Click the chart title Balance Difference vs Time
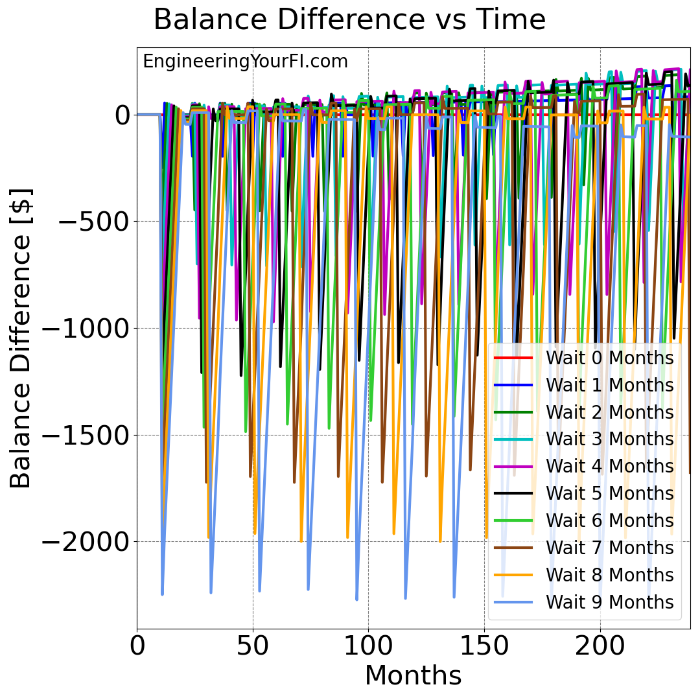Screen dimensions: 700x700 [x=349, y=20]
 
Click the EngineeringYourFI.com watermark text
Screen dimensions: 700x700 [x=245, y=62]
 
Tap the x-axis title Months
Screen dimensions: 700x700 [x=413, y=675]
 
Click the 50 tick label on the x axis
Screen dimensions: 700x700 [x=253, y=646]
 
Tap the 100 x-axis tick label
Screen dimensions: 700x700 [x=368, y=646]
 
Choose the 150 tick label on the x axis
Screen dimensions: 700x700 [x=484, y=646]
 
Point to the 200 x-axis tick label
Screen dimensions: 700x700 [x=600, y=646]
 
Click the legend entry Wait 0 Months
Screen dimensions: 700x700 [x=609, y=358]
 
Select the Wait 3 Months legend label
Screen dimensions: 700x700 [x=609, y=439]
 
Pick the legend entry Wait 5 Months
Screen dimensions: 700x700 [x=609, y=494]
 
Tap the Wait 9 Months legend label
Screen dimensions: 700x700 [x=609, y=602]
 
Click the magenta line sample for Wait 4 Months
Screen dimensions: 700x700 [x=513, y=466]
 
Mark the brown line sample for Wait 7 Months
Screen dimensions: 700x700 [x=513, y=548]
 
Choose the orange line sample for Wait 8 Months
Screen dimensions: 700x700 [x=513, y=575]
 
